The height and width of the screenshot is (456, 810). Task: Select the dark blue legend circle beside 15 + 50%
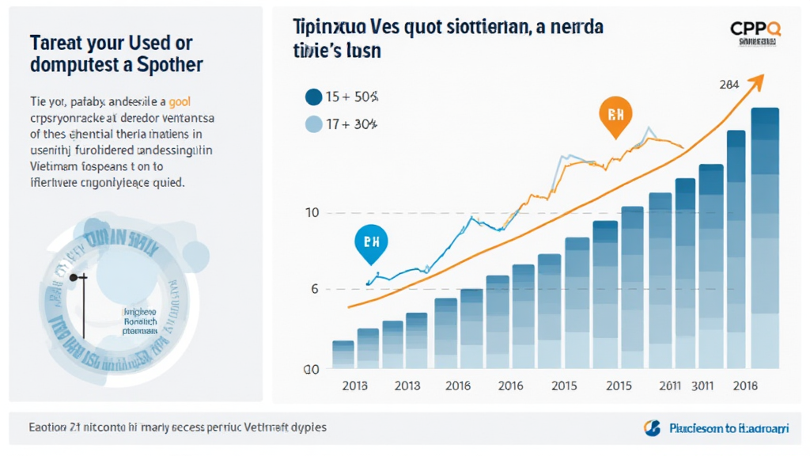[313, 97]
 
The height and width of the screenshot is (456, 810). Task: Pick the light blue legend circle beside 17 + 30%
[313, 123]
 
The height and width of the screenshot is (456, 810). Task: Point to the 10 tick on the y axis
[311, 213]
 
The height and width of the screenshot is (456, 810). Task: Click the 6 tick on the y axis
[315, 289]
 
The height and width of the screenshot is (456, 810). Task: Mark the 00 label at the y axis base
[311, 369]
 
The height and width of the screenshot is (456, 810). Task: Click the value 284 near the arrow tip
[730, 85]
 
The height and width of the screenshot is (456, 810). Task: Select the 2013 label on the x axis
[407, 386]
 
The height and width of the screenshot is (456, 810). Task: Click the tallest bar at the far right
[765, 237]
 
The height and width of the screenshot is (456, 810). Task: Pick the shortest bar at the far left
[343, 354]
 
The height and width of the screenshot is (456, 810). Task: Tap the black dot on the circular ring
[74, 278]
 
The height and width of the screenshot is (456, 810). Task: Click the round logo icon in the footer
[652, 428]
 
